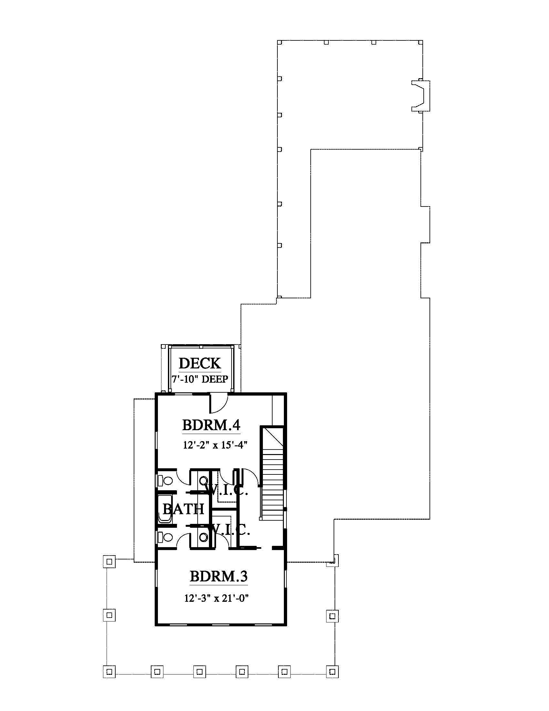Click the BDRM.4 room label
pyautogui.click(x=211, y=425)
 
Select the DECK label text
pyautogui.click(x=200, y=363)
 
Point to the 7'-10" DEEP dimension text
pyautogui.click(x=200, y=379)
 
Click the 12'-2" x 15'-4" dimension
pyautogui.click(x=215, y=445)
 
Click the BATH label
pyautogui.click(x=183, y=509)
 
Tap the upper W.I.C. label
pyautogui.click(x=227, y=490)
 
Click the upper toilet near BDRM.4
pyautogui.click(x=165, y=481)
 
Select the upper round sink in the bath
pyautogui.click(x=203, y=481)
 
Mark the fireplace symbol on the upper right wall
pyautogui.click(x=420, y=96)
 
